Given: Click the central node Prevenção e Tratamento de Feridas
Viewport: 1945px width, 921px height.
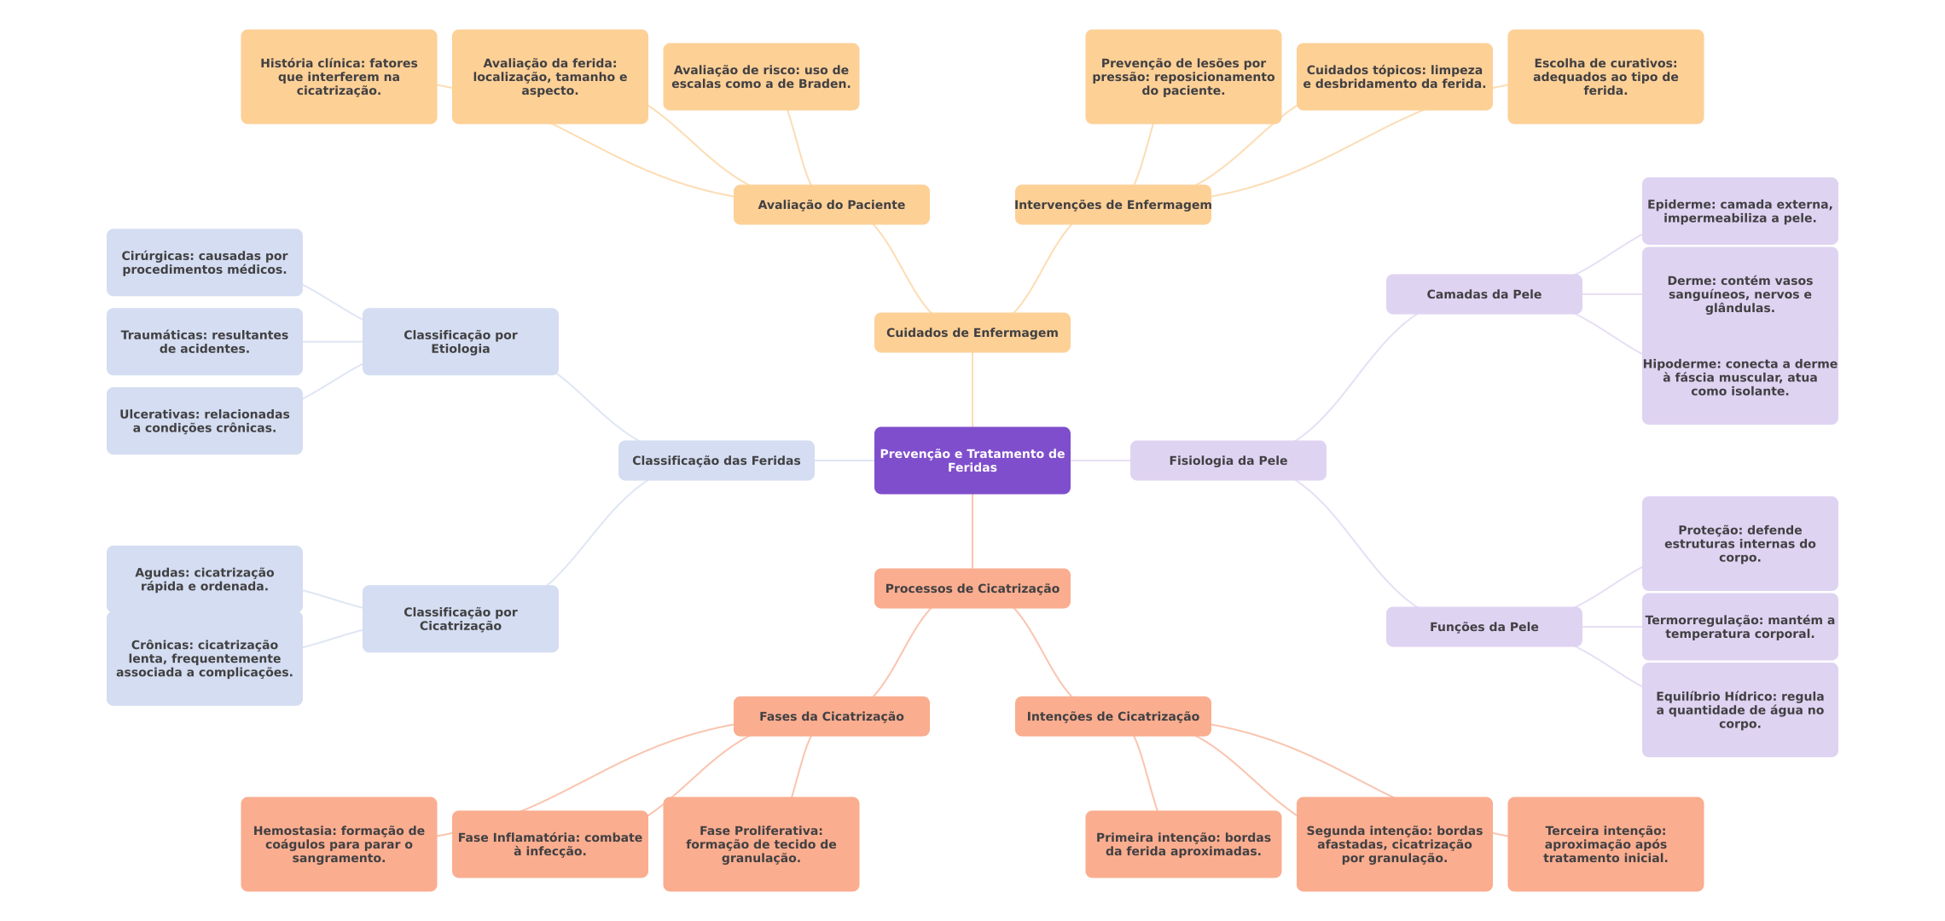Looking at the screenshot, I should (x=972, y=460).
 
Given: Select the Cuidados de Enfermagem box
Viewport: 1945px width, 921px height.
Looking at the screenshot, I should (x=972, y=333).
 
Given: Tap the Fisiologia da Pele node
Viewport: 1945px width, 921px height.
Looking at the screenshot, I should (x=1228, y=460).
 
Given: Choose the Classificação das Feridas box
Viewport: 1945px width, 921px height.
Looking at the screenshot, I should (x=716, y=460).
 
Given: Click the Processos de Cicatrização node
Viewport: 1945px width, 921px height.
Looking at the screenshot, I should (x=972, y=588).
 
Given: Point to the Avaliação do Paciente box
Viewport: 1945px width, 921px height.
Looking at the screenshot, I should (x=831, y=205).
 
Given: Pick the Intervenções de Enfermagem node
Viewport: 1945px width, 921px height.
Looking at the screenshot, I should (x=1112, y=205).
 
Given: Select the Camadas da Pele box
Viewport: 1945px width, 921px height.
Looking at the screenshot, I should (x=1483, y=294).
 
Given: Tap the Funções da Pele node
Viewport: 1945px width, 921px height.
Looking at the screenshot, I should (x=1483, y=627).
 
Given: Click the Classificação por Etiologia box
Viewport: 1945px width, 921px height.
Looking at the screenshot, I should (x=460, y=342).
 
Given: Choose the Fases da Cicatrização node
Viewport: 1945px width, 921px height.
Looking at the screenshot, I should (x=831, y=716).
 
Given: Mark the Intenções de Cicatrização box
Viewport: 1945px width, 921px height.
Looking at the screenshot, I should (x=1112, y=716).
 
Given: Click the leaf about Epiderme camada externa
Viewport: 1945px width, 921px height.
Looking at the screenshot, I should (x=1739, y=211).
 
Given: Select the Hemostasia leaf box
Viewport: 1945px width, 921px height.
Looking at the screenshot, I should (x=339, y=844).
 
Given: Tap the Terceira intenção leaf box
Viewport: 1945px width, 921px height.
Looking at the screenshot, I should (x=1605, y=844).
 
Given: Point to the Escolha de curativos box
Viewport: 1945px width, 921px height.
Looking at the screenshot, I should (x=1605, y=77).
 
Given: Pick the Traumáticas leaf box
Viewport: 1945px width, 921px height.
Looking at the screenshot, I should (x=204, y=342).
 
